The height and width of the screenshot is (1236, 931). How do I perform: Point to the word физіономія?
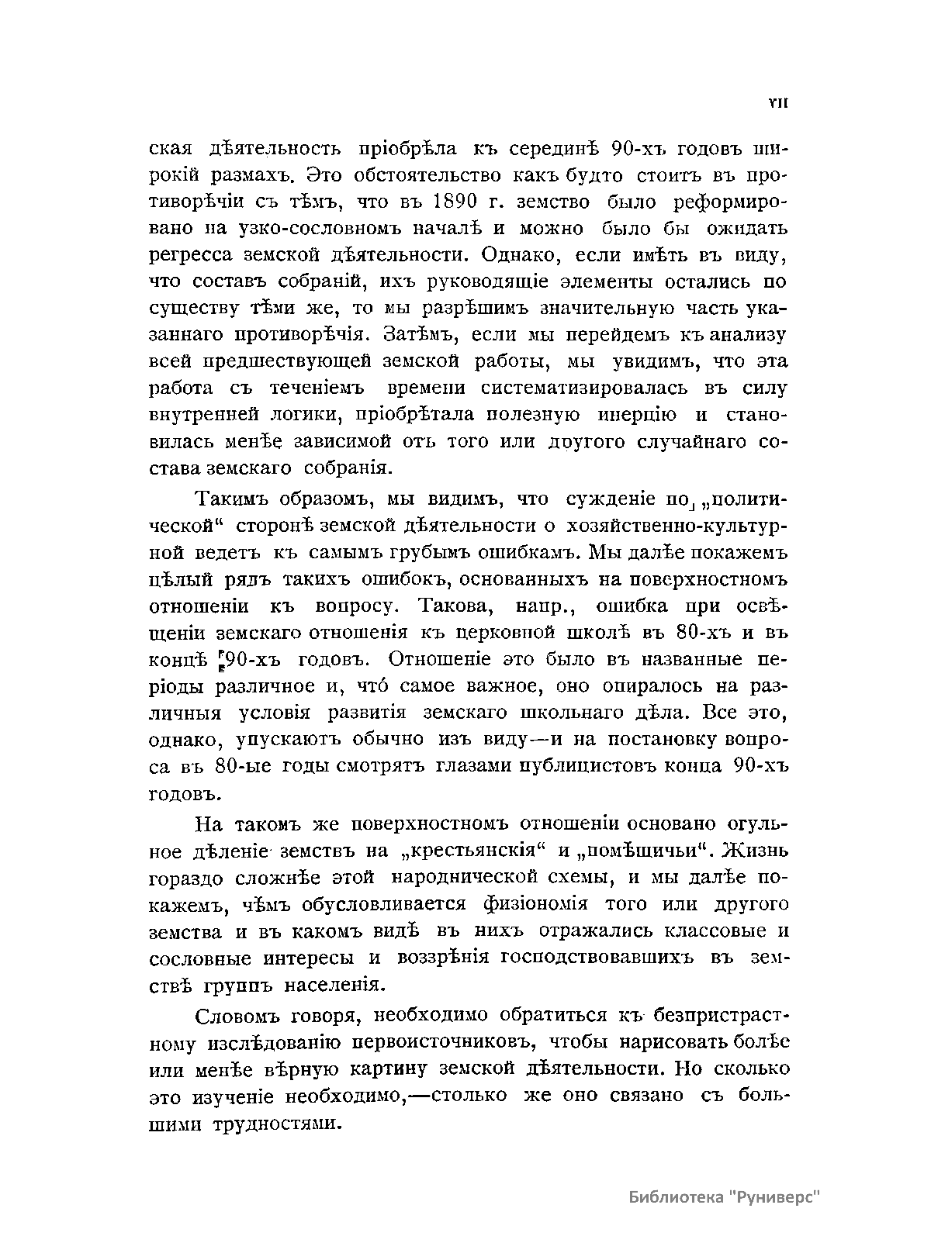pyautogui.click(x=535, y=905)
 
